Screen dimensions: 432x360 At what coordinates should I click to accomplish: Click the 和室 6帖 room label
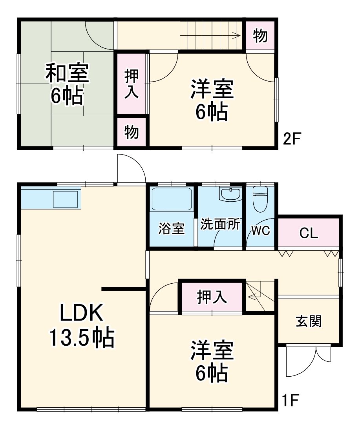pyautogui.click(x=67, y=84)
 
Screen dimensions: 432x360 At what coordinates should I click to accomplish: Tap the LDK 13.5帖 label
pyautogui.click(x=81, y=325)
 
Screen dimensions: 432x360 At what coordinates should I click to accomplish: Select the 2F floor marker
pyautogui.click(x=292, y=139)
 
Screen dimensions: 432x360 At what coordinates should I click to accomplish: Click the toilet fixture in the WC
pyautogui.click(x=260, y=198)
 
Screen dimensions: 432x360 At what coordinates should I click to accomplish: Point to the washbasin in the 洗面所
pyautogui.click(x=230, y=194)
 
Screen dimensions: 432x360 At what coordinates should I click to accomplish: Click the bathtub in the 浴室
pyautogui.click(x=172, y=199)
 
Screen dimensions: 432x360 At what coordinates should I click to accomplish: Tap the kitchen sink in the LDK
pyautogui.click(x=66, y=199)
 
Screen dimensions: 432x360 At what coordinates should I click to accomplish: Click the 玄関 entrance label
pyautogui.click(x=309, y=321)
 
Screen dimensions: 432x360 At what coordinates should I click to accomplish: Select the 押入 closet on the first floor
pyautogui.click(x=212, y=297)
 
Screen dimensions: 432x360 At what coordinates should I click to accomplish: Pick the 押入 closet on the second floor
pyautogui.click(x=132, y=84)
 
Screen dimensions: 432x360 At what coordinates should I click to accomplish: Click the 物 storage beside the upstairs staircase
pyautogui.click(x=260, y=36)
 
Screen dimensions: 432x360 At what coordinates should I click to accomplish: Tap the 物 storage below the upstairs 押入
pyautogui.click(x=132, y=132)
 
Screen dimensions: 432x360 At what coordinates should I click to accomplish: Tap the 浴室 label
pyautogui.click(x=172, y=229)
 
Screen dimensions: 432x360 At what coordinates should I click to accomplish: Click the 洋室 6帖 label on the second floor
pyautogui.click(x=212, y=100)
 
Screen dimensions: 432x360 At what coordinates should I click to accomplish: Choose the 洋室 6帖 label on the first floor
pyautogui.click(x=212, y=362)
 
